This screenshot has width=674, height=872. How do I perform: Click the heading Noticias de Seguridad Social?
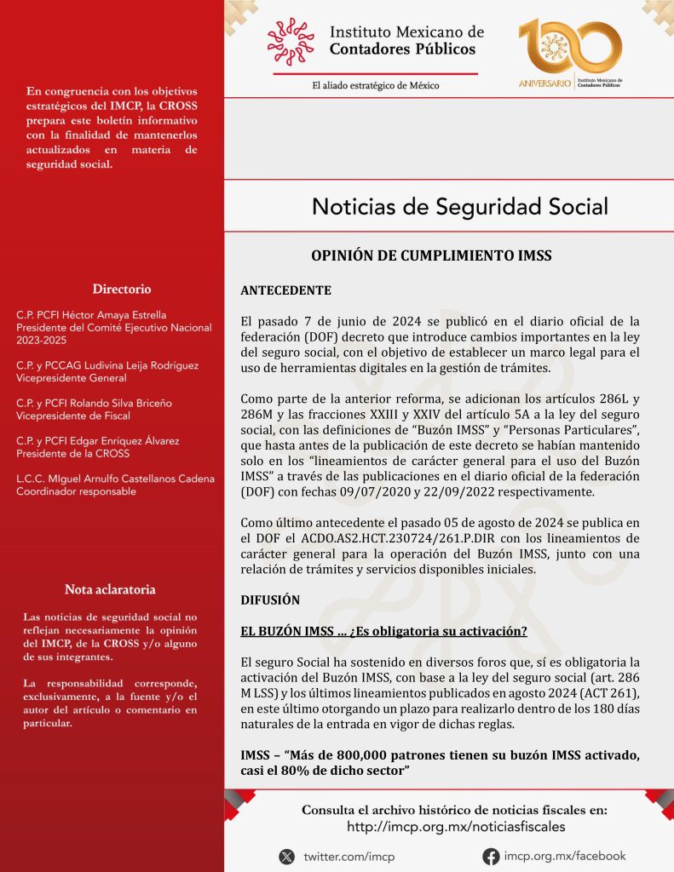click(459, 207)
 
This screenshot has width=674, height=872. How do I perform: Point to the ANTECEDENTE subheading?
click(285, 290)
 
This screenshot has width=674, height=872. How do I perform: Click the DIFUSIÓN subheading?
click(270, 599)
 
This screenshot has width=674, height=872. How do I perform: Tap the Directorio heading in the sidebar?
click(122, 289)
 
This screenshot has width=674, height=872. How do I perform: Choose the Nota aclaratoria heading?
click(111, 589)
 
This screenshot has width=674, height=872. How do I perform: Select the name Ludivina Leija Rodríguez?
click(136, 365)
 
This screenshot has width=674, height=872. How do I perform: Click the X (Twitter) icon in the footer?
click(288, 856)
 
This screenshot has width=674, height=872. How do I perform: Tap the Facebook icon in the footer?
click(491, 856)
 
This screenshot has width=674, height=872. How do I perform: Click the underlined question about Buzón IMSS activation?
click(383, 631)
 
